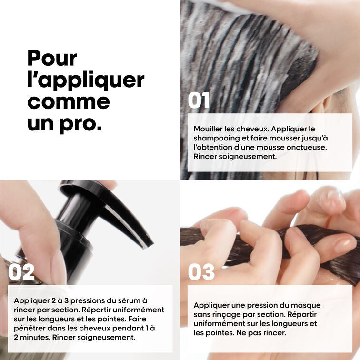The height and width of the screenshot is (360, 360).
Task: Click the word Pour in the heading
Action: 52,59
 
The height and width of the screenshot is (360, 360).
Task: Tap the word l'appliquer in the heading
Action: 86,80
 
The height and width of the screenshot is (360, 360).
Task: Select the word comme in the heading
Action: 69,102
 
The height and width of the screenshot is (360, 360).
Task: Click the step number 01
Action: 199,100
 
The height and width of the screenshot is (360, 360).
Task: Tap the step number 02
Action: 21,272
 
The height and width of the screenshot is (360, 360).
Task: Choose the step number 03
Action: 201,272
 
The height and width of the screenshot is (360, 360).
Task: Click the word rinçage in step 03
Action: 225,314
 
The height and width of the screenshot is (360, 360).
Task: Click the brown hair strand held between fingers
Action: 267,238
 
